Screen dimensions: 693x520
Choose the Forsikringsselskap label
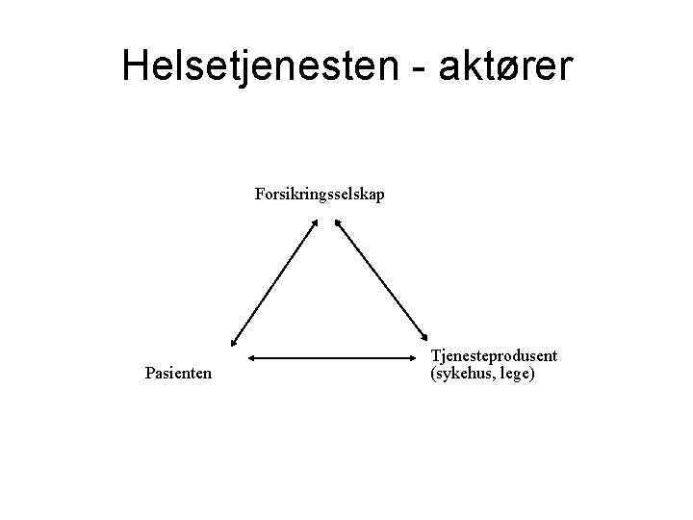[321, 195]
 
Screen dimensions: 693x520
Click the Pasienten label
[178, 372]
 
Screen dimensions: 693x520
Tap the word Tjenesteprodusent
[495, 356]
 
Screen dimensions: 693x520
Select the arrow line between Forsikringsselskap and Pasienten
[274, 282]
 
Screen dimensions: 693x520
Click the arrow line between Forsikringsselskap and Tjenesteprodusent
[381, 281]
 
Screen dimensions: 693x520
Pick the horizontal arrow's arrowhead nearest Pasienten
[253, 358]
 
